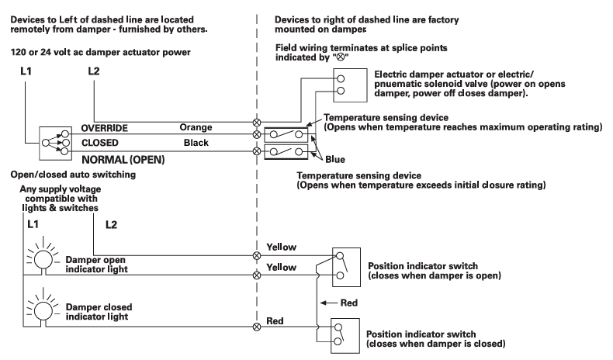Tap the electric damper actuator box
345,83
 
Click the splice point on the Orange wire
257,122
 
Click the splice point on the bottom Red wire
257,327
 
